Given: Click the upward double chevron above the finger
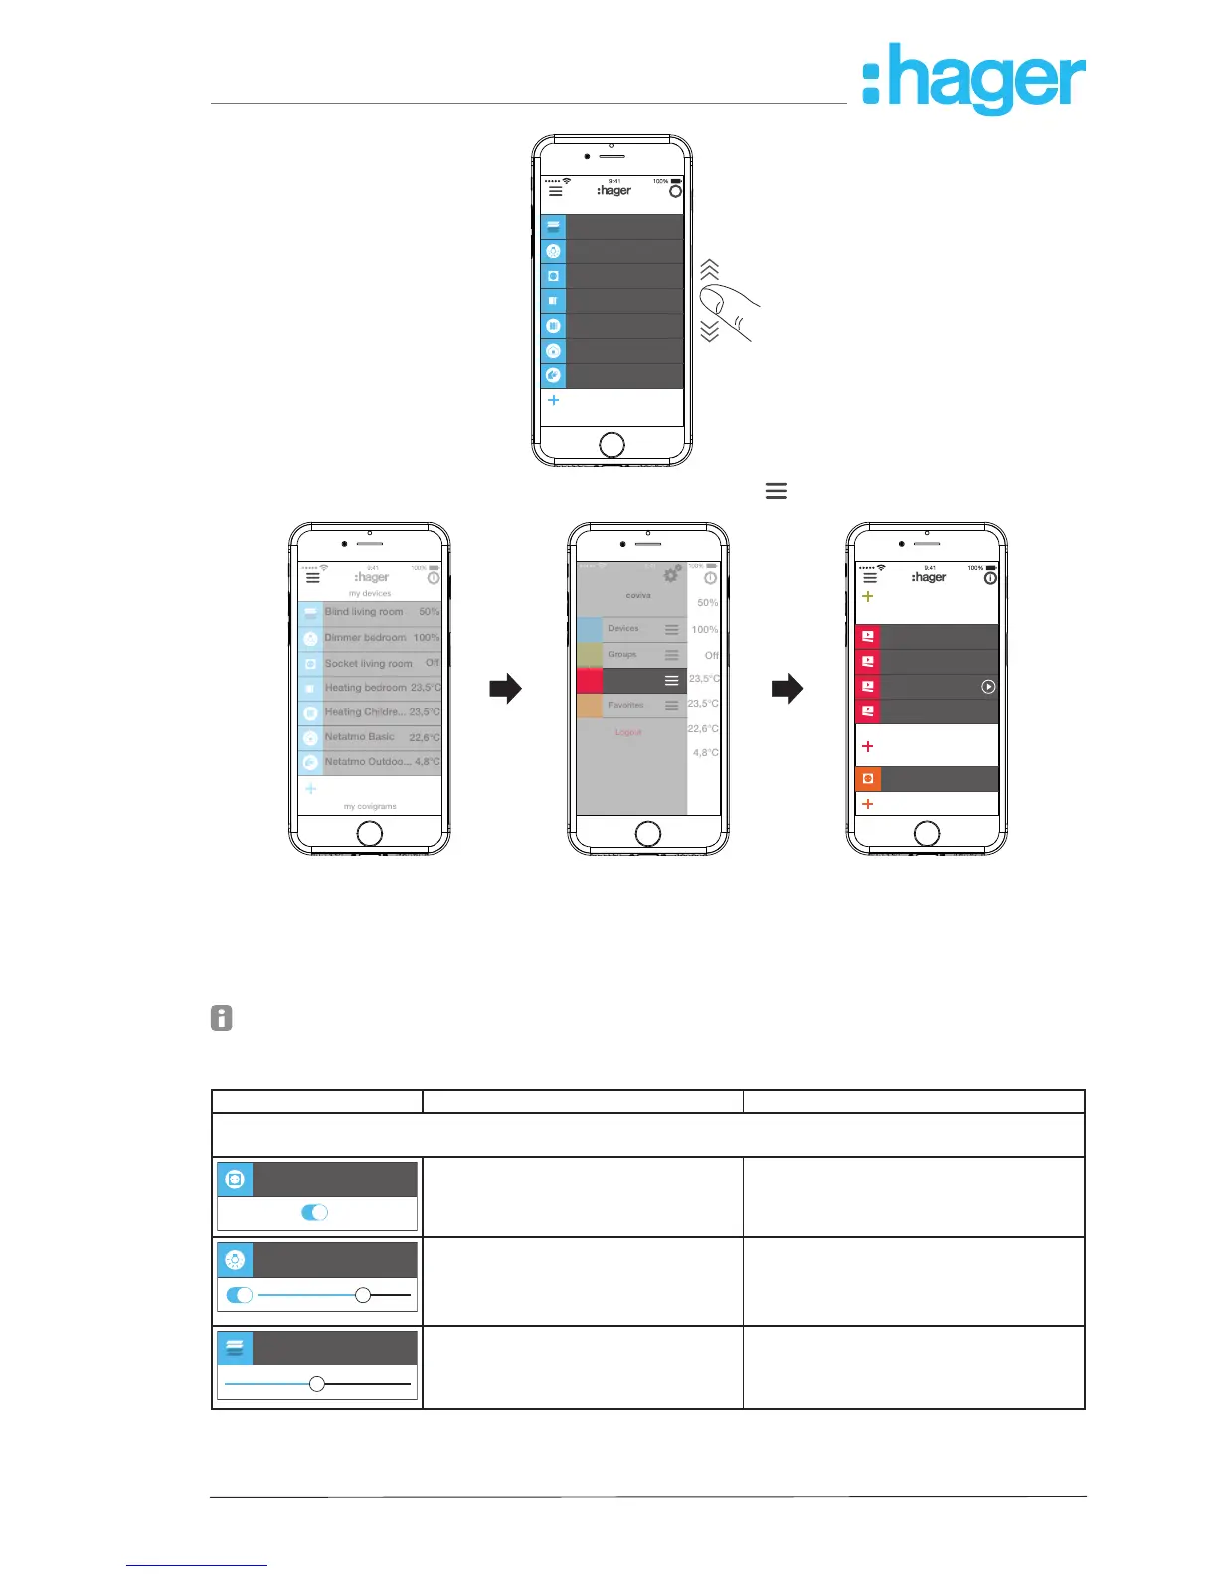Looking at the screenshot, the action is [x=709, y=269].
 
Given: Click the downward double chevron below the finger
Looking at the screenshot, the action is [x=709, y=331].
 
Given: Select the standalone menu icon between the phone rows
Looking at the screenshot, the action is [x=777, y=491].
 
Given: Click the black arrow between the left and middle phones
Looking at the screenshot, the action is [x=506, y=688].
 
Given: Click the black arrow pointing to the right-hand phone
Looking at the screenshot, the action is [x=786, y=688].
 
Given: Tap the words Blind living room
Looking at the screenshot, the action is [x=364, y=612].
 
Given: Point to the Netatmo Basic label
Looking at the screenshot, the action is [x=359, y=737].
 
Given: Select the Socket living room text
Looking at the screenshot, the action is [x=368, y=663].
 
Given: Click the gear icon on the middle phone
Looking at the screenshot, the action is [x=672, y=575].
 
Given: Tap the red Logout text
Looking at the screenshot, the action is [x=628, y=732].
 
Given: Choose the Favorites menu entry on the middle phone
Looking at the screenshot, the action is [x=626, y=705].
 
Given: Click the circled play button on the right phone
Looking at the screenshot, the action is [x=988, y=687].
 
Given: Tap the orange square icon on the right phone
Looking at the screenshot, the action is [x=868, y=778].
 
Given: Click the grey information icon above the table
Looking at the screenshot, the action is [x=222, y=1019].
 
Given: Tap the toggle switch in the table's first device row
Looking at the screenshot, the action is [x=314, y=1212].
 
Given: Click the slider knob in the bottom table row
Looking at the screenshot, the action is [x=317, y=1383].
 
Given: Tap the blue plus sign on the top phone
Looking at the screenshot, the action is [x=554, y=400].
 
